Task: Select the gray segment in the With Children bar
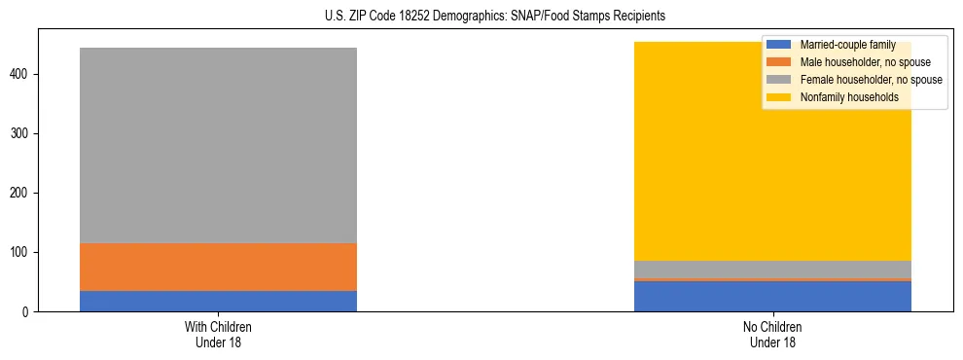218,146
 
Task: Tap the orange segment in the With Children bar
218,267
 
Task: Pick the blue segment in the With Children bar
218,301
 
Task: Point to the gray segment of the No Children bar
772,269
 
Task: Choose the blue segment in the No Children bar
772,296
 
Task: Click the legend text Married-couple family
847,45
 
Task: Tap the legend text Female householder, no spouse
871,80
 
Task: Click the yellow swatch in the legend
780,97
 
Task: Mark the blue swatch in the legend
780,45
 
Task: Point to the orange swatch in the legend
780,62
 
